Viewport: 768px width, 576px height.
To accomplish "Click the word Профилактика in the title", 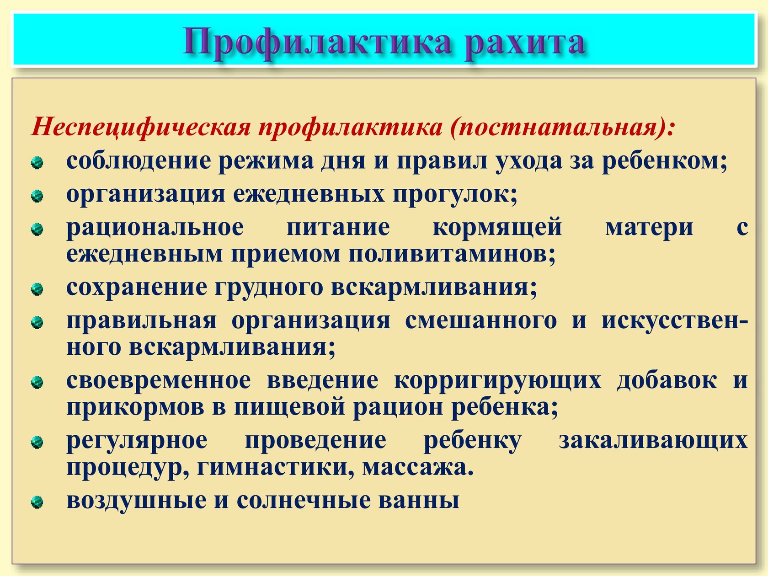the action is pyautogui.click(x=317, y=43).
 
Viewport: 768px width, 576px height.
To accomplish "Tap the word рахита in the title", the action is pyautogui.click(x=524, y=43).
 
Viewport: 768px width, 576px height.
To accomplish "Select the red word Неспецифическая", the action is pyautogui.click(x=141, y=127).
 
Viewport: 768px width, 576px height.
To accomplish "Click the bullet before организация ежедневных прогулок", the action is pyautogui.click(x=37, y=196).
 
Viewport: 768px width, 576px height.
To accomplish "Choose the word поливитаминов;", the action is pyautogui.click(x=452, y=254).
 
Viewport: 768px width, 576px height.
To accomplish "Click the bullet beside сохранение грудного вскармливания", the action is pyautogui.click(x=37, y=289).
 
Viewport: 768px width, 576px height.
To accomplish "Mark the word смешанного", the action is pyautogui.click(x=481, y=321).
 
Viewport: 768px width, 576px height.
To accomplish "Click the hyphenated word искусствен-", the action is pyautogui.click(x=675, y=321).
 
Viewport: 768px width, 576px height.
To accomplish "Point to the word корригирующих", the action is pyautogui.click(x=497, y=381).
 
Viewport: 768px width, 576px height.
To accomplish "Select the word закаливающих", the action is pyautogui.click(x=653, y=440).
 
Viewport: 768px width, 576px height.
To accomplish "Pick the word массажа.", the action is pyautogui.click(x=418, y=468).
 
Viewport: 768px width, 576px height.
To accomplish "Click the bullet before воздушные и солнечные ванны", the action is pyautogui.click(x=37, y=502).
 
